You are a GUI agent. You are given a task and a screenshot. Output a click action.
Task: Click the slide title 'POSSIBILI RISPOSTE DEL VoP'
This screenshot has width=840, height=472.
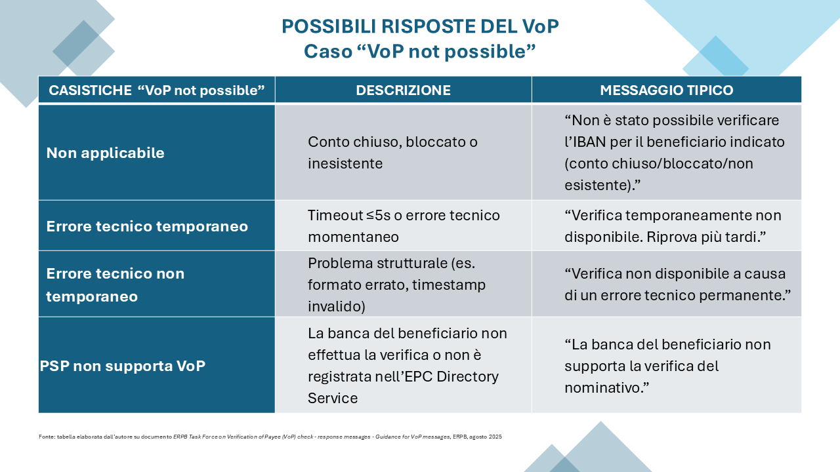(x=420, y=26)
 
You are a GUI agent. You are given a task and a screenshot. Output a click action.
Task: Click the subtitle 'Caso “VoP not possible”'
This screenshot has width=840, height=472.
(x=420, y=51)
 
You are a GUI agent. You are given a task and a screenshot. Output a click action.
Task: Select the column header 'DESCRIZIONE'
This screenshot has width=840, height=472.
(x=403, y=90)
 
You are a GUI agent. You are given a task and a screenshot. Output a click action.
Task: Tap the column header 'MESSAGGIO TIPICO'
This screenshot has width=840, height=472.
(x=666, y=90)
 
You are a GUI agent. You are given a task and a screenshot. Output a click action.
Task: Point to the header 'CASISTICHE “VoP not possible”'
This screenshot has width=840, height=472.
(x=156, y=90)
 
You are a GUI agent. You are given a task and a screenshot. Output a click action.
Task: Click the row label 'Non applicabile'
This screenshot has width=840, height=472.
(x=105, y=153)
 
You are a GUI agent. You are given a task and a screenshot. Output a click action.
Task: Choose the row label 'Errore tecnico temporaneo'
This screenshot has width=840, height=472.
(x=147, y=226)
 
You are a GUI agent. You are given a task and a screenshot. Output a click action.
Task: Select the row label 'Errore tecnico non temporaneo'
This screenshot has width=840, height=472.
(x=115, y=285)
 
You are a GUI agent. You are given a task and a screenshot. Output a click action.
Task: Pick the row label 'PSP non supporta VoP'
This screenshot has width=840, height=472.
(x=122, y=366)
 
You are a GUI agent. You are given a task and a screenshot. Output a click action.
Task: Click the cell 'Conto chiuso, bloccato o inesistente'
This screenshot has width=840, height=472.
(x=392, y=153)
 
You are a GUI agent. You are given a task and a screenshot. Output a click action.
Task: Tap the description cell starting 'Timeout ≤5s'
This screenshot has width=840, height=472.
(x=404, y=226)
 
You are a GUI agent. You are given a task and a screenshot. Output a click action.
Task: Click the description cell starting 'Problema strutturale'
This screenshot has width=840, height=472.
(x=396, y=285)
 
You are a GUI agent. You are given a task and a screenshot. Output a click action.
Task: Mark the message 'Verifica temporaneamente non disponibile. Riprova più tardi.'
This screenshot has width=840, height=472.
(x=673, y=226)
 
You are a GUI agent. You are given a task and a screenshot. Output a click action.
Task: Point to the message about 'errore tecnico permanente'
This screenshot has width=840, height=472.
(x=675, y=285)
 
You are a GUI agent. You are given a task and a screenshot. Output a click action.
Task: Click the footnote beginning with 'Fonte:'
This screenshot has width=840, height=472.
(x=270, y=437)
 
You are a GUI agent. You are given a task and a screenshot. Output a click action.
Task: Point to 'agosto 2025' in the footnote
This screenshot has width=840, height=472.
(x=487, y=437)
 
